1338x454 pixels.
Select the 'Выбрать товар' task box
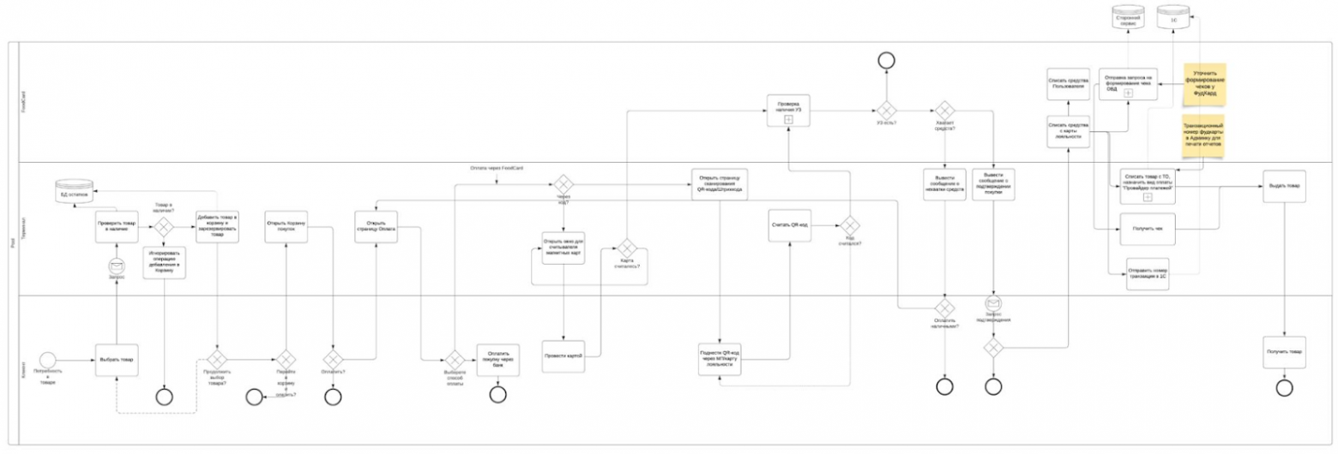tap(116, 359)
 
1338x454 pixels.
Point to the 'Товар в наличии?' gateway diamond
tap(162, 227)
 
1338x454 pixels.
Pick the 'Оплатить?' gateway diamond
tap(333, 359)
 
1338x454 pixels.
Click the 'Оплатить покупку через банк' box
tap(498, 359)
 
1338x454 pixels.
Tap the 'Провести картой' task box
tap(564, 354)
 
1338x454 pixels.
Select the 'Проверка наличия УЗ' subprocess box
tap(789, 111)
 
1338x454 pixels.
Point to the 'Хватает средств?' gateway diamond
tap(944, 111)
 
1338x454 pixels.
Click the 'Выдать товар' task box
tap(1284, 186)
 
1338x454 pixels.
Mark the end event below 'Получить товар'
tap(1284, 388)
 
